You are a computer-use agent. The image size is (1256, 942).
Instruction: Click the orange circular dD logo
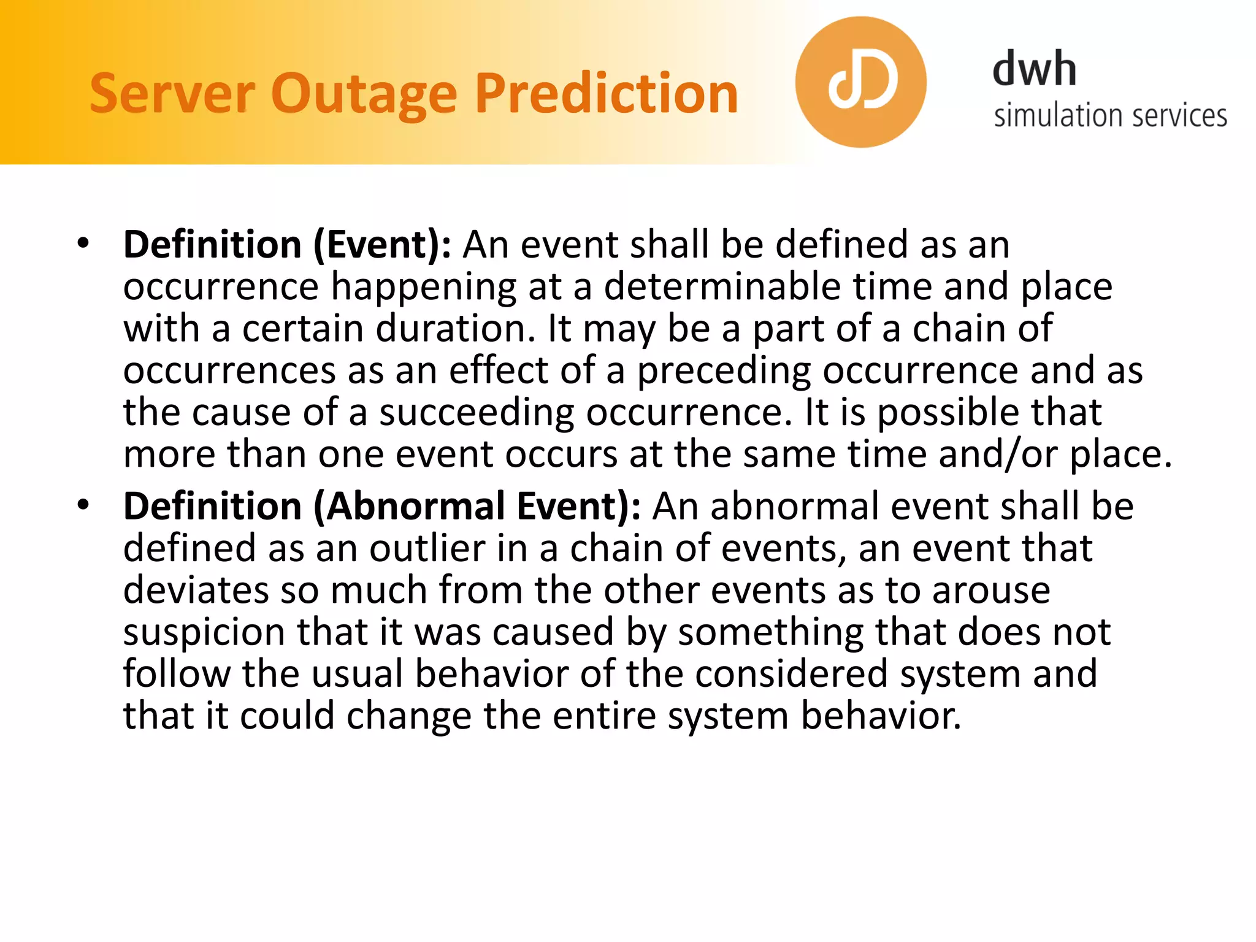(x=860, y=82)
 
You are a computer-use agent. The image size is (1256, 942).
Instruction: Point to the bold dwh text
(x=1034, y=69)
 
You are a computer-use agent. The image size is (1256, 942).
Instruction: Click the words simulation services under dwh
(x=1110, y=115)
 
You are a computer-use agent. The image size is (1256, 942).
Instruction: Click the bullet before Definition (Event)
(x=83, y=243)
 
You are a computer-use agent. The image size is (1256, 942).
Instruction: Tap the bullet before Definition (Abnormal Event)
(x=83, y=505)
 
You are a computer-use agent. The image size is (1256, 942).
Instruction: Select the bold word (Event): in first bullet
(x=383, y=245)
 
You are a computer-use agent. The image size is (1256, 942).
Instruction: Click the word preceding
(x=724, y=371)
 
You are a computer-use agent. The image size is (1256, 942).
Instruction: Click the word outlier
(x=427, y=548)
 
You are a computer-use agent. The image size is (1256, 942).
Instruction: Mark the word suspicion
(x=204, y=632)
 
